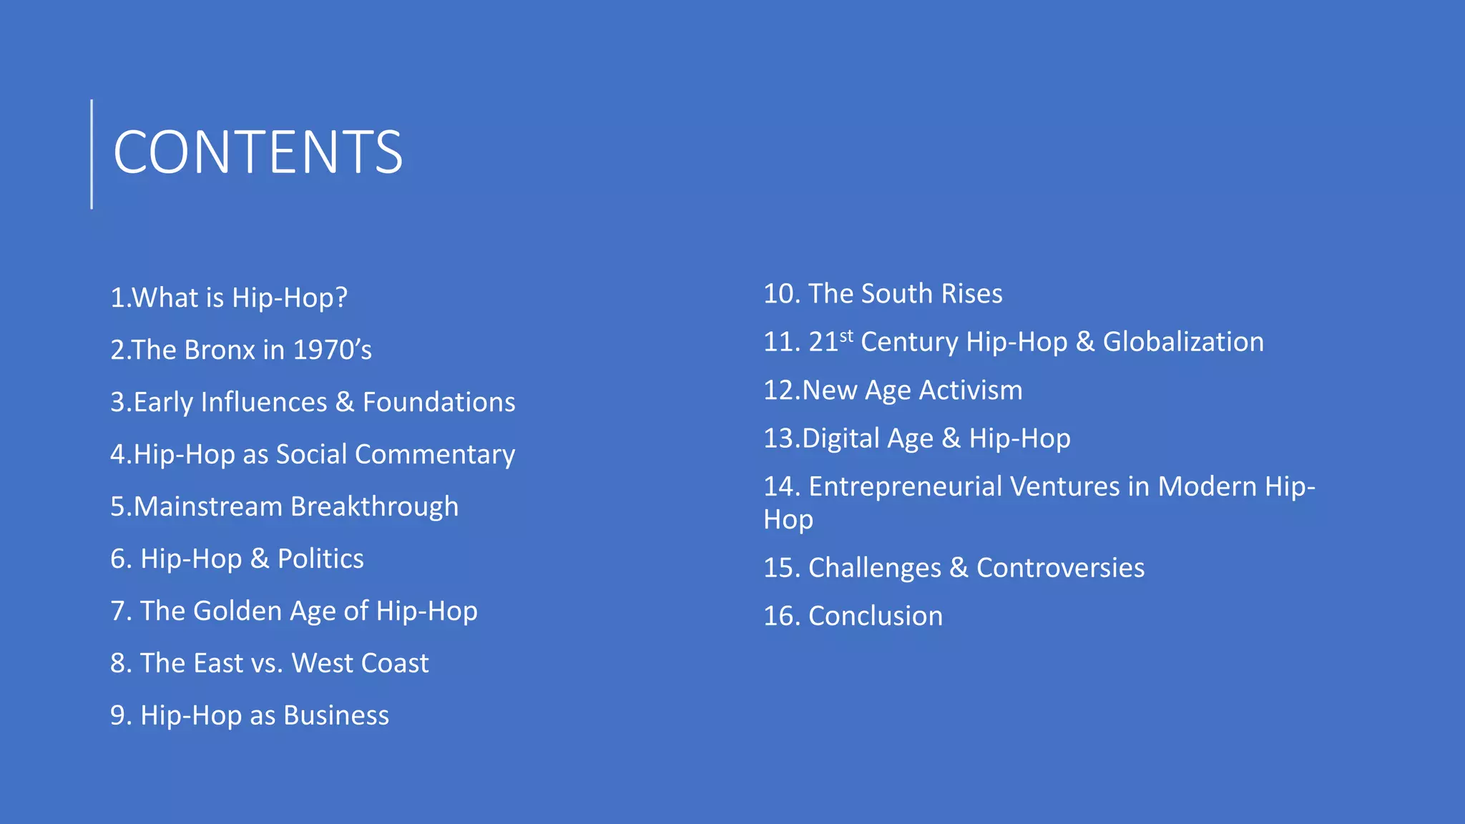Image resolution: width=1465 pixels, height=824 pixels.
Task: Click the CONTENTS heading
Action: (258, 152)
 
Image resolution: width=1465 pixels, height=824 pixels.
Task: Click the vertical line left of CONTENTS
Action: (92, 154)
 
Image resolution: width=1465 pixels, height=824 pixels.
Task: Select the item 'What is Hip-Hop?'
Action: (229, 298)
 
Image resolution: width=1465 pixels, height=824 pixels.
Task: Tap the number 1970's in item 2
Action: (333, 350)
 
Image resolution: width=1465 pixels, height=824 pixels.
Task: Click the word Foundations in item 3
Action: (438, 402)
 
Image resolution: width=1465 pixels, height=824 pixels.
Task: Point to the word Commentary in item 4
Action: (435, 455)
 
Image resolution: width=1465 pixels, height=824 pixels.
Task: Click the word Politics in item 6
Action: (320, 559)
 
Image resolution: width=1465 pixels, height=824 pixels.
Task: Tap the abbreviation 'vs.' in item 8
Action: (267, 664)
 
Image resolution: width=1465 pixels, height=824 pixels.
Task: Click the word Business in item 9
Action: (336, 715)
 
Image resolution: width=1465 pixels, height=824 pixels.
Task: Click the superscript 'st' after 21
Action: (846, 335)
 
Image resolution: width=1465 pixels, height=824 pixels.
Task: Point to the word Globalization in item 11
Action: (1183, 342)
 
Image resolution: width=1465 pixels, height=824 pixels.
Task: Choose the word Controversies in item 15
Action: (1060, 568)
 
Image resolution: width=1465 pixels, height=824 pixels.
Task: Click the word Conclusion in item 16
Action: (875, 617)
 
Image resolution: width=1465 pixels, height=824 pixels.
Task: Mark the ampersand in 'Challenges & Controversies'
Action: (959, 568)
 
